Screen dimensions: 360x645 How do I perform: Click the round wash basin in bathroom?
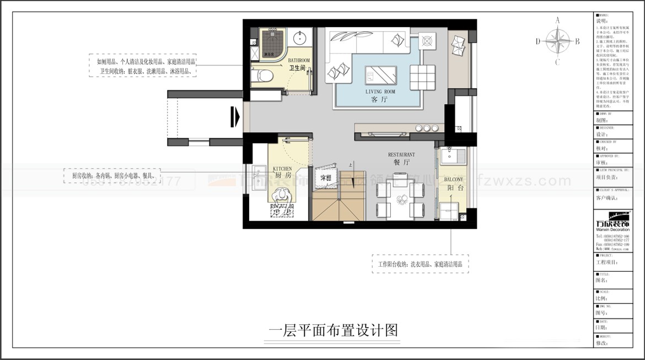pos(300,38)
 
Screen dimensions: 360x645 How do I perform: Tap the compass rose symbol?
pos(557,41)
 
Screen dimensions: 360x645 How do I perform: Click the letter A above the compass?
pos(557,20)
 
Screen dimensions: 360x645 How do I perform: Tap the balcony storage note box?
pos(420,265)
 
